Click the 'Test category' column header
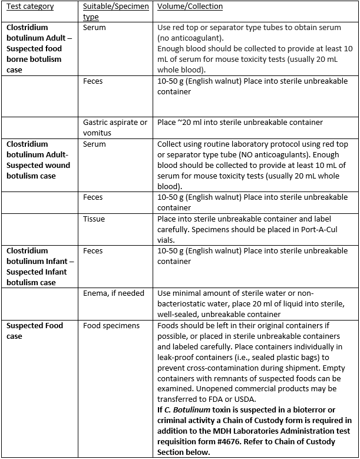coord(30,6)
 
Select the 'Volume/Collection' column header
coord(190,6)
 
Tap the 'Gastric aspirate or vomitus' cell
coord(115,127)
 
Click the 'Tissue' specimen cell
coord(94,219)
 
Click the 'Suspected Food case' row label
coord(35,331)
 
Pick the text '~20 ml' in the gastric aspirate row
coord(189,123)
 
